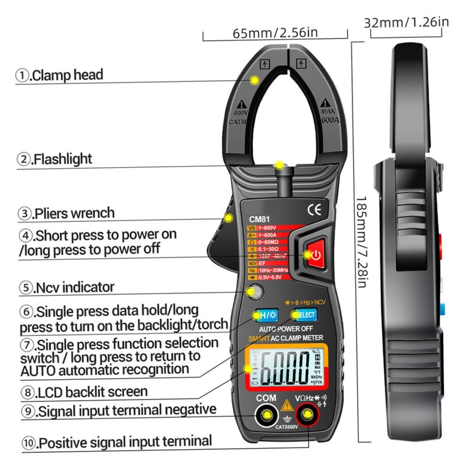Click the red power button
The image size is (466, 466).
(315, 255)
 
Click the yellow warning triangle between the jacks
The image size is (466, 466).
(287, 407)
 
